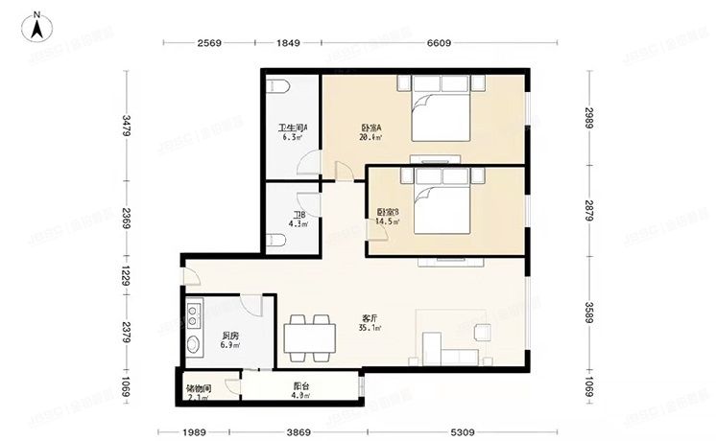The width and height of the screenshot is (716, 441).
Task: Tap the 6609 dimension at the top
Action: (439, 43)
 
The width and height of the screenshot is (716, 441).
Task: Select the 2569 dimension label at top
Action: (210, 43)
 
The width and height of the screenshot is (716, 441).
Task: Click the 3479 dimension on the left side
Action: (125, 127)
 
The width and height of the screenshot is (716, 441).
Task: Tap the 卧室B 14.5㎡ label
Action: (388, 217)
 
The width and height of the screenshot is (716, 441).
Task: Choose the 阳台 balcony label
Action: (300, 390)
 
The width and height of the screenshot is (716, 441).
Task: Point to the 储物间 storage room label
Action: (199, 389)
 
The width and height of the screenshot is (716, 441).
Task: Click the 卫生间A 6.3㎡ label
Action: (292, 132)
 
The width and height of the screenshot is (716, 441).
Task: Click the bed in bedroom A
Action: (442, 112)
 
